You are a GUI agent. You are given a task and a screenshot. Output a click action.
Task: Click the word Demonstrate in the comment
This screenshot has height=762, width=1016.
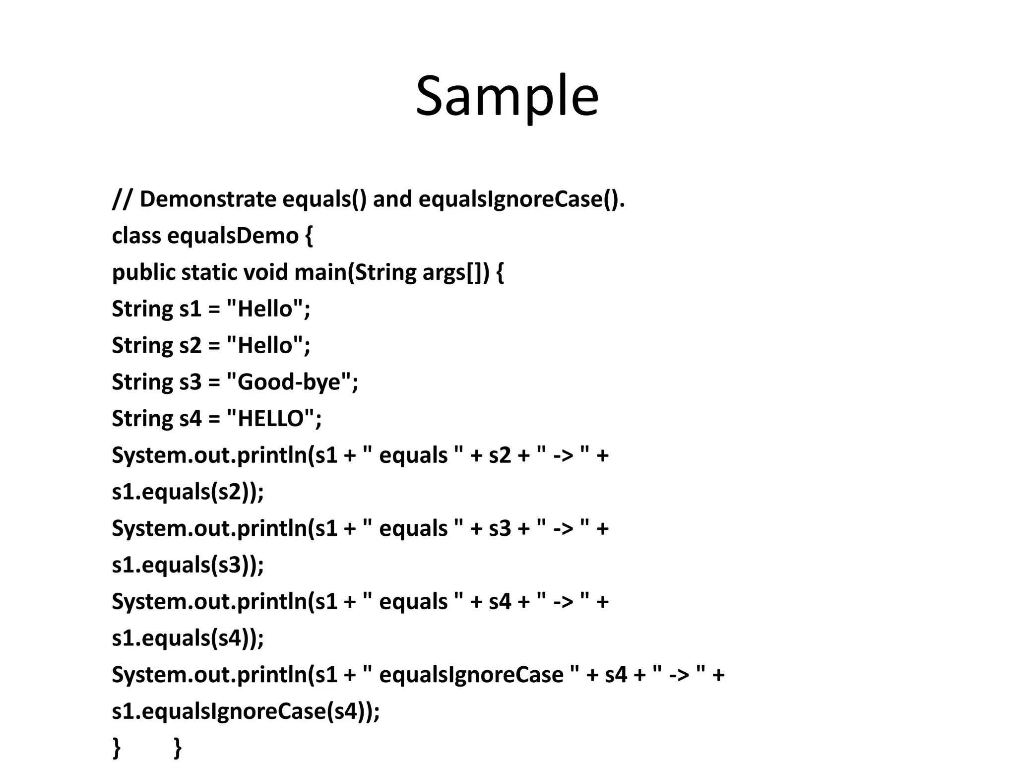point(208,199)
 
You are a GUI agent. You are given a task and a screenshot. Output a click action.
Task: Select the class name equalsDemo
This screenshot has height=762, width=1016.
point(233,236)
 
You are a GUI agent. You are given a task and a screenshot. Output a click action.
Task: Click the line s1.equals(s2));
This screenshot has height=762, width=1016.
point(188,492)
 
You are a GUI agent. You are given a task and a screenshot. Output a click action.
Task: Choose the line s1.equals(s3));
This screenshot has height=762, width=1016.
point(188,565)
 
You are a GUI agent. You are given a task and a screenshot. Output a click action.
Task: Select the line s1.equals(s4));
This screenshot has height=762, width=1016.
point(188,638)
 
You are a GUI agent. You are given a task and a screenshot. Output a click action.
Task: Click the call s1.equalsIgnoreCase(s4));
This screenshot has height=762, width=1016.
point(246,711)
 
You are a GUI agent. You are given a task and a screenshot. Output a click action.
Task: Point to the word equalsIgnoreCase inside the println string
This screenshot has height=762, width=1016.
point(471,675)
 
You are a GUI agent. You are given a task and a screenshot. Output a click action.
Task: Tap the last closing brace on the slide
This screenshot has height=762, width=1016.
point(178,747)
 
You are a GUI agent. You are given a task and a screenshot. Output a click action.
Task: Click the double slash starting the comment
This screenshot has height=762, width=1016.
point(122,199)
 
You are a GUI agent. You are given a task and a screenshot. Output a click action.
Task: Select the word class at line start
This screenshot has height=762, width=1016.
point(136,236)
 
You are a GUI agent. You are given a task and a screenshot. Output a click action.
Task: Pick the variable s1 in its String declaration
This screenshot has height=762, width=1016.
point(190,309)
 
